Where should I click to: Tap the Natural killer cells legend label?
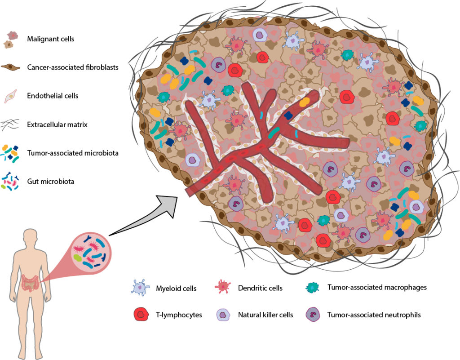[x=265, y=315]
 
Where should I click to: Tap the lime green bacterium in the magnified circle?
[x=78, y=258]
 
